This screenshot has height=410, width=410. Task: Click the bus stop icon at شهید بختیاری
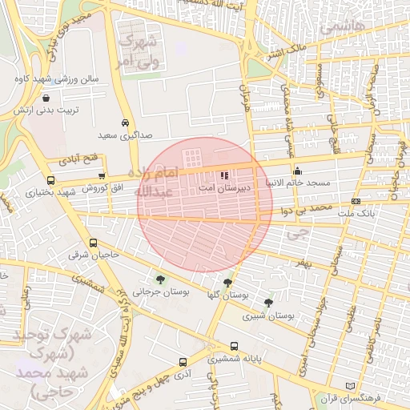(x=51, y=180)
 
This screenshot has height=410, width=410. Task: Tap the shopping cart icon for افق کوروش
(x=102, y=176)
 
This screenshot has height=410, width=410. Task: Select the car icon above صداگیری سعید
(x=125, y=123)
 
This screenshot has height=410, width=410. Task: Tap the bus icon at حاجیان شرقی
(x=94, y=243)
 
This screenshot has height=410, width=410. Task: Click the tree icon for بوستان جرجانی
(x=162, y=279)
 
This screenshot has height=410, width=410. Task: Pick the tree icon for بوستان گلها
(x=228, y=283)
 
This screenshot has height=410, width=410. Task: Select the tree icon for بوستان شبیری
(x=268, y=303)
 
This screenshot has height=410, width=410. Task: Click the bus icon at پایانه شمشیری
(x=234, y=346)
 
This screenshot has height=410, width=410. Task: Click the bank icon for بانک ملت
(x=356, y=201)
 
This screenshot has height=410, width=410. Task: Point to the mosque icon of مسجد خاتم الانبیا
(x=298, y=170)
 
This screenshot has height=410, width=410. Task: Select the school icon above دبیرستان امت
(x=223, y=175)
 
